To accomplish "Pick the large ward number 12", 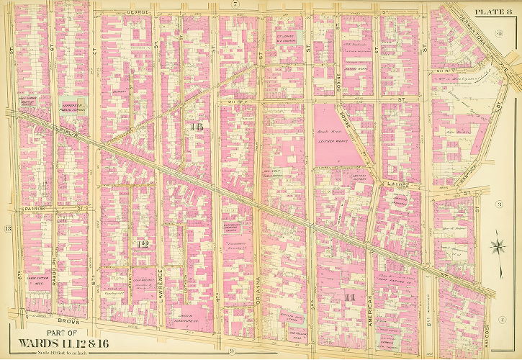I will click(143, 245).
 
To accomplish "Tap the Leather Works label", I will click(331, 142).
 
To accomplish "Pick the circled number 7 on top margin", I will click(235, 5).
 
